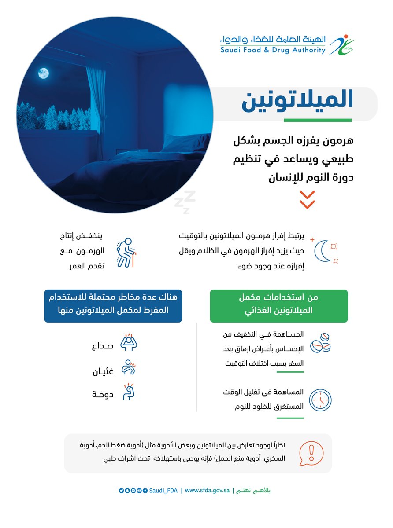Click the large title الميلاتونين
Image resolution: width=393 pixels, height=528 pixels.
tap(297, 100)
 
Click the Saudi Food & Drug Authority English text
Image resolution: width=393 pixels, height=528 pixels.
tap(273, 50)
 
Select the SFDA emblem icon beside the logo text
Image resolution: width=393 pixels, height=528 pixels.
tap(342, 44)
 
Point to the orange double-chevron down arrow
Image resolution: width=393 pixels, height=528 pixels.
tap(307, 200)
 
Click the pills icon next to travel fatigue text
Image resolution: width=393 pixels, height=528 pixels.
tap(320, 343)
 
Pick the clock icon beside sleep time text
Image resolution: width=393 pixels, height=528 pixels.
tap(320, 400)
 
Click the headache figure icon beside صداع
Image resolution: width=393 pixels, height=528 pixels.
tap(129, 343)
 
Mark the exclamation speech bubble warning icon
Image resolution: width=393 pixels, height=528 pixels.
tap(311, 454)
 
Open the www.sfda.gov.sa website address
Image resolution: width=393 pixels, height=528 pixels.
tap(208, 490)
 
